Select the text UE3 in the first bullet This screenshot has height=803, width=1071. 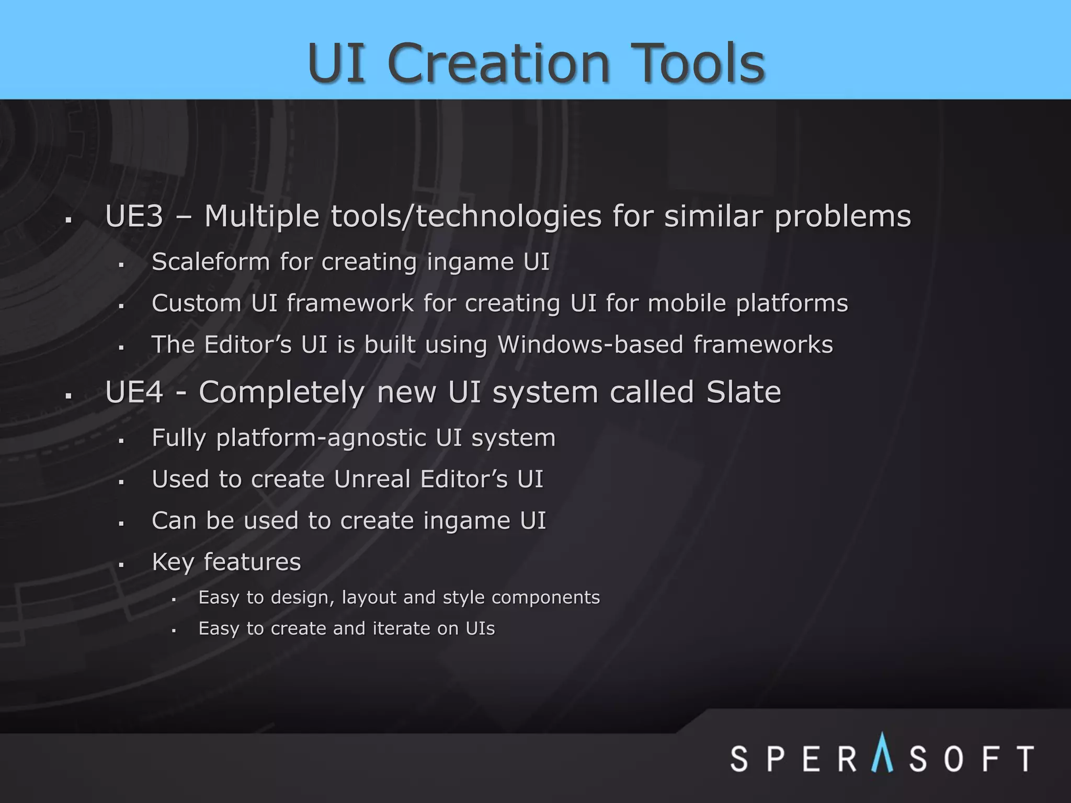click(134, 216)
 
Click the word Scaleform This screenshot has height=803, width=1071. click(210, 261)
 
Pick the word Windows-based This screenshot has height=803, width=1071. click(590, 345)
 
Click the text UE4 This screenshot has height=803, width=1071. click(134, 392)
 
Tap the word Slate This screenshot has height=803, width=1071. click(743, 392)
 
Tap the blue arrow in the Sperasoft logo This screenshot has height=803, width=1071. click(882, 752)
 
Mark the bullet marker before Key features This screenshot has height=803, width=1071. click(121, 565)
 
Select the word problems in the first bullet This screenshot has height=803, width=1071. click(842, 217)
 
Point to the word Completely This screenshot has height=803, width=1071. click(281, 393)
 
